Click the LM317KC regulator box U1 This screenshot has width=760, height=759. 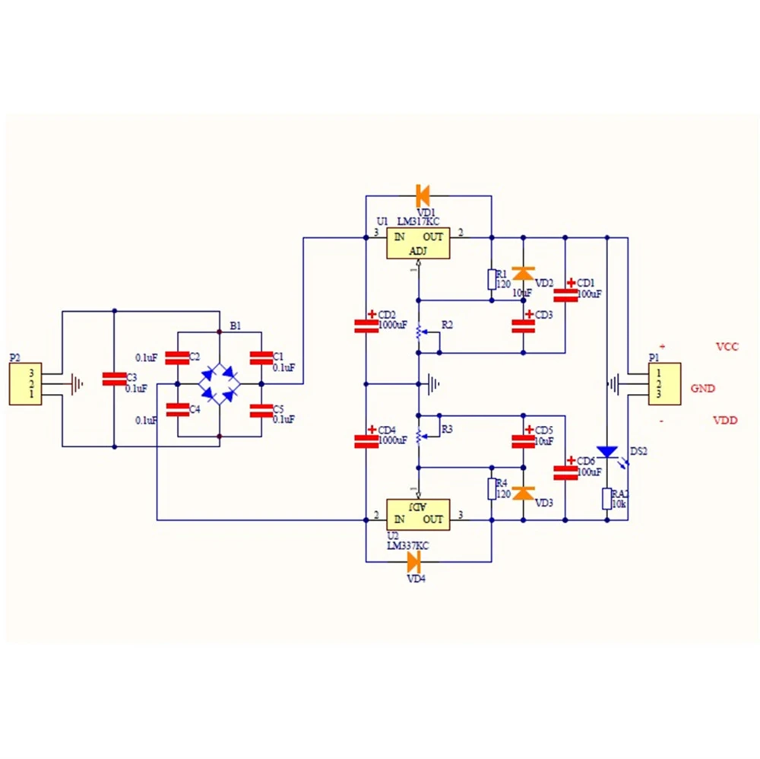point(417,243)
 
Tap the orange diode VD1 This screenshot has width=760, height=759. point(423,195)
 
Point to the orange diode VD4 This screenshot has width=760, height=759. point(414,562)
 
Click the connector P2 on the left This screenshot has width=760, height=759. point(25,384)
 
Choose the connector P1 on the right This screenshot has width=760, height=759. point(664,384)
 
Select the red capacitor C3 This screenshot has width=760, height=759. point(114,378)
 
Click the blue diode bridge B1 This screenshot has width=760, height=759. point(219,383)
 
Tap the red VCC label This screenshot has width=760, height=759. point(727,347)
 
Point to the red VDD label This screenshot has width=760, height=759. point(727,420)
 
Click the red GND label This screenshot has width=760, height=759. point(703,388)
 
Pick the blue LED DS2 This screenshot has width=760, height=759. point(606,452)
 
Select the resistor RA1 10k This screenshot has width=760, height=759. point(606,499)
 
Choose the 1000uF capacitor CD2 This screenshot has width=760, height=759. point(366,326)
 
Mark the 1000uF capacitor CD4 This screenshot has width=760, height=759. point(366,440)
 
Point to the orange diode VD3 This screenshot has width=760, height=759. point(523,493)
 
